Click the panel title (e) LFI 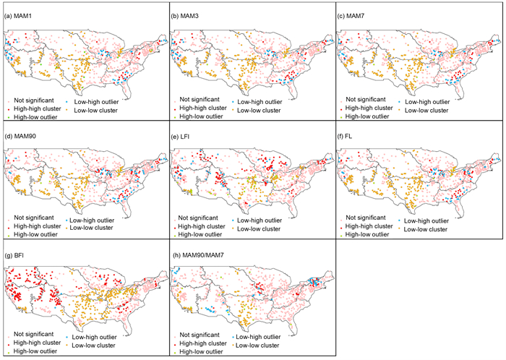[180, 137]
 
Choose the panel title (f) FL [345, 137]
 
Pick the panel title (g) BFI [14, 256]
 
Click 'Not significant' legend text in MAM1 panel [34, 100]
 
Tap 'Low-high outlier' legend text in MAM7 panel [427, 102]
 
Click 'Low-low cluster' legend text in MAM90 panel [91, 228]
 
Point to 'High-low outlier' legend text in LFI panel [200, 234]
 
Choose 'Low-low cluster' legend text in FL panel [426, 229]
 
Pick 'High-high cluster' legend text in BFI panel [37, 343]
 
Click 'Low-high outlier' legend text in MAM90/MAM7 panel [258, 337]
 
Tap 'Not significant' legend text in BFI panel [33, 334]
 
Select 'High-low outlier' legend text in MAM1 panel [35, 117]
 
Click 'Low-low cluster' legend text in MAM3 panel [259, 111]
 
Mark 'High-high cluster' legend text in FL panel [369, 226]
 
